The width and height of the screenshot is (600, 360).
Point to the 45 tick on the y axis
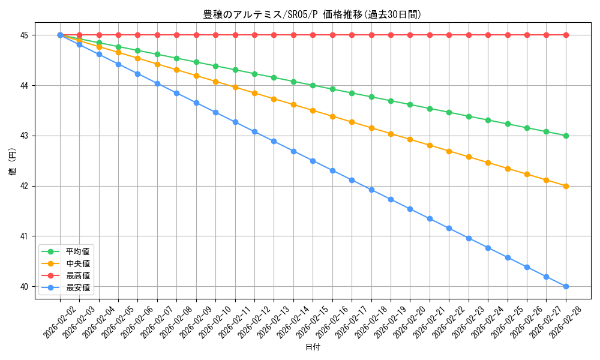tap(25, 35)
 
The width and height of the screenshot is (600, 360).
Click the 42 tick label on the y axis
tap(25, 186)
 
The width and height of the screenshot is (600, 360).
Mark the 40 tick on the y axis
tap(25, 287)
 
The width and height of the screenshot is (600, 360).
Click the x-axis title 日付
tap(313, 347)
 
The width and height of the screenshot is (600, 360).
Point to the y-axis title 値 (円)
tap(12, 161)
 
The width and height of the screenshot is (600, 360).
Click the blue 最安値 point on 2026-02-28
tap(566, 286)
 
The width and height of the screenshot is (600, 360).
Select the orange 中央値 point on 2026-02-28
tap(566, 186)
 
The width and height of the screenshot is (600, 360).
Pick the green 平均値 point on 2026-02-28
tap(566, 136)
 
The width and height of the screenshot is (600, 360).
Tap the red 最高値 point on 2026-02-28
tap(566, 35)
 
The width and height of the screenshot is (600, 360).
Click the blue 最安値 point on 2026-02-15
tap(313, 161)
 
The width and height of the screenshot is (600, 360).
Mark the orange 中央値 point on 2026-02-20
tap(410, 139)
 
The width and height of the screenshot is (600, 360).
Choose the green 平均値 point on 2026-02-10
tap(215, 66)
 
